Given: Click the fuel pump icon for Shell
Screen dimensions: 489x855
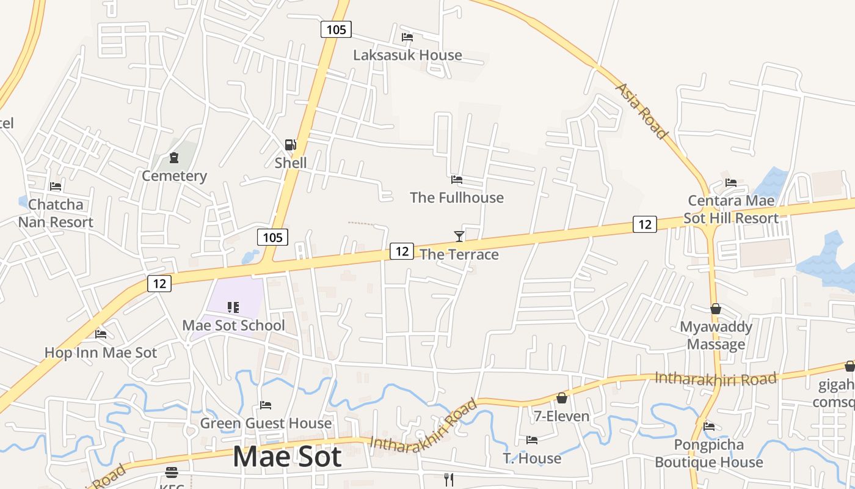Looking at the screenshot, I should [x=290, y=145].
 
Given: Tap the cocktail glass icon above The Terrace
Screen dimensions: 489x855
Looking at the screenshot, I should [x=459, y=236].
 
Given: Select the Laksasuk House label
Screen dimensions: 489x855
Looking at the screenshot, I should [x=407, y=55].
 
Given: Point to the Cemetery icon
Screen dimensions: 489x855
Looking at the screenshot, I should [x=174, y=158].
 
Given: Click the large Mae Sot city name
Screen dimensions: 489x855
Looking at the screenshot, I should [x=286, y=457].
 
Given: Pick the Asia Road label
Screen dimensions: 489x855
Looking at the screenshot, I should [x=641, y=111].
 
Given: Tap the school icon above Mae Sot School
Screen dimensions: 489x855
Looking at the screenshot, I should [x=233, y=307].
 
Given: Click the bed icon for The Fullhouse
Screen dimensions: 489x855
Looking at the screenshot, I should [x=456, y=179].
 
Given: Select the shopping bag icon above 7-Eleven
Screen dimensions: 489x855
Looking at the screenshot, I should [x=561, y=398].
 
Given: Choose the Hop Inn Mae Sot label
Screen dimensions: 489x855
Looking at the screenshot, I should [x=101, y=353].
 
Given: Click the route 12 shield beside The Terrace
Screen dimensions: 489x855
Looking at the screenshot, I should [x=401, y=251].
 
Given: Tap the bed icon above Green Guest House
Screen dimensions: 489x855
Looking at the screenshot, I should [x=265, y=405].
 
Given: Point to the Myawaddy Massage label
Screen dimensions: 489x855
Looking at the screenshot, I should [x=716, y=336].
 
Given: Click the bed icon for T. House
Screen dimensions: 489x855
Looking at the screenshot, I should [x=531, y=439].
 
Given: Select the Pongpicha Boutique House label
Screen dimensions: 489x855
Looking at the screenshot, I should [x=708, y=453].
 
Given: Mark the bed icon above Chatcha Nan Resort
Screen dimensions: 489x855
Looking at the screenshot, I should [x=56, y=186].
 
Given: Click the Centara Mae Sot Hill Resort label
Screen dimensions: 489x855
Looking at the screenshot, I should [x=731, y=209].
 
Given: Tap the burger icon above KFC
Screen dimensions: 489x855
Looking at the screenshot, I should [x=171, y=472].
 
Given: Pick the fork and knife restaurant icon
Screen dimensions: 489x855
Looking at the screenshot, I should [x=449, y=479].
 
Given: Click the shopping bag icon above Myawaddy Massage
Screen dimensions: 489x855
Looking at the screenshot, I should [x=715, y=309].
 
